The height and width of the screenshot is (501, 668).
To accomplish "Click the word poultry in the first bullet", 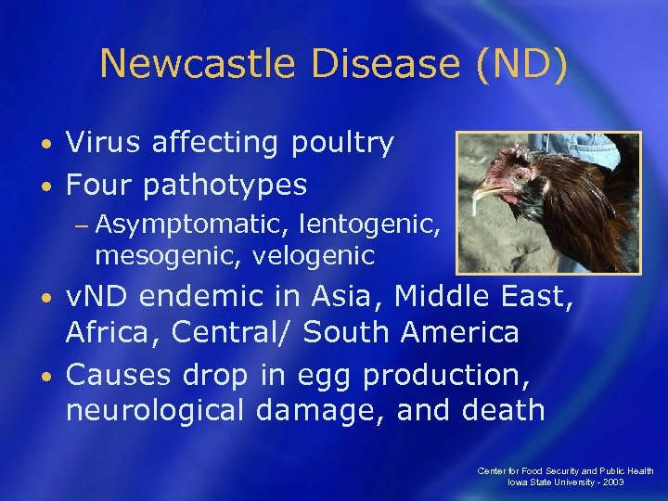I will pyautogui.click(x=342, y=144).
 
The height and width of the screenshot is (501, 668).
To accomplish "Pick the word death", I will pyautogui.click(x=501, y=409).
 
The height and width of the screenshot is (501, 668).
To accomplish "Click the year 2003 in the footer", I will pyautogui.click(x=611, y=482).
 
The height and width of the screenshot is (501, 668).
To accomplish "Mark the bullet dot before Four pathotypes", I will pyautogui.click(x=45, y=186).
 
